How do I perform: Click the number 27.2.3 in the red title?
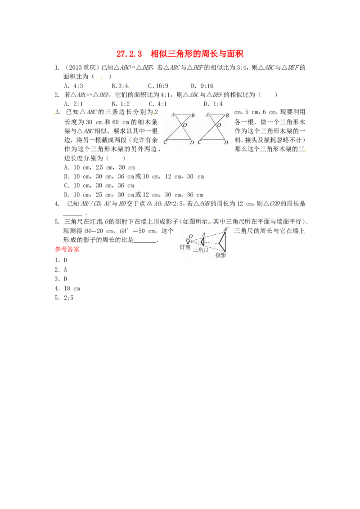pyautogui.click(x=129, y=54)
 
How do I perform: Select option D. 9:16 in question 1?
pyautogui.click(x=202, y=86)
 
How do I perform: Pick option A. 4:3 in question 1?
pyautogui.click(x=73, y=86)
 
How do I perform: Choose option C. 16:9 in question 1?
pyautogui.click(x=158, y=86)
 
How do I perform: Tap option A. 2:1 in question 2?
pyautogui.click(x=73, y=104)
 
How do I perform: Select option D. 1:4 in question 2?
pyautogui.click(x=213, y=104)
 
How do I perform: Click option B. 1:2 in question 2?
pyautogui.click(x=121, y=104)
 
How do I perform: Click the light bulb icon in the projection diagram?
pyautogui.click(x=187, y=241)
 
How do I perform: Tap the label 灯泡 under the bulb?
pyautogui.click(x=185, y=247)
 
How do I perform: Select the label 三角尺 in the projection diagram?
pyautogui.click(x=200, y=250)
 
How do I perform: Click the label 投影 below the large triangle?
pyautogui.click(x=220, y=255)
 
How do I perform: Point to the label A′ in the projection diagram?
pyautogui.click(x=226, y=229)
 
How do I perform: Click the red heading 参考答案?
pyautogui.click(x=67, y=249)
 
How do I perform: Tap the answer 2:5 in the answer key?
pyautogui.click(x=68, y=298)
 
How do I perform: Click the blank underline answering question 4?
pyautogui.click(x=72, y=214)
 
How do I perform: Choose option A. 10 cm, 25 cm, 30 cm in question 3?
pyautogui.click(x=99, y=168)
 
